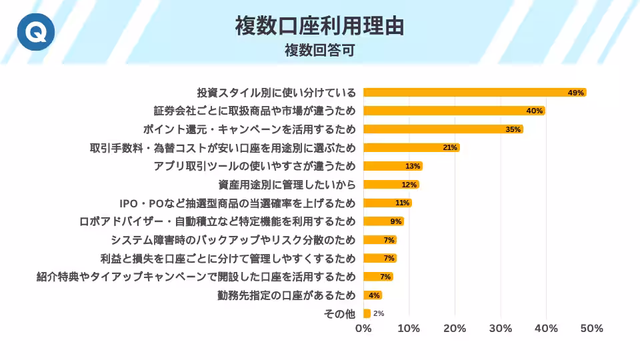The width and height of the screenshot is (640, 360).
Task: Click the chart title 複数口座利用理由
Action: click(x=319, y=26)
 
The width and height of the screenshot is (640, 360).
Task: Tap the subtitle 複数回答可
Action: click(x=319, y=51)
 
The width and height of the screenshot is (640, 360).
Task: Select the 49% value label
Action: click(x=576, y=93)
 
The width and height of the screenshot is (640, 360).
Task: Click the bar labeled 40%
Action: click(x=453, y=111)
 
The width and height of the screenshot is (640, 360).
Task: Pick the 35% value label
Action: click(x=513, y=129)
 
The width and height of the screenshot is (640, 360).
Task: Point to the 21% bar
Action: click(x=411, y=147)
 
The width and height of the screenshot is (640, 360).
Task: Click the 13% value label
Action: click(x=413, y=166)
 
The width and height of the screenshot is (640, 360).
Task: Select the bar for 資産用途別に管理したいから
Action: click(x=391, y=185)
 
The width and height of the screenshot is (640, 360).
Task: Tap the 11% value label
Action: click(x=402, y=203)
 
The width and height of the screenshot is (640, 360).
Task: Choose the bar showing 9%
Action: click(x=383, y=221)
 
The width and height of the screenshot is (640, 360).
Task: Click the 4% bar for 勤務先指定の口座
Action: click(x=372, y=295)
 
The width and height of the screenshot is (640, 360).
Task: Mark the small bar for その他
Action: click(x=367, y=313)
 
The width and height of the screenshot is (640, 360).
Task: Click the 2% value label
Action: click(x=379, y=313)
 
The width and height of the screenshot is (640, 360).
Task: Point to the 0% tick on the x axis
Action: click(x=363, y=329)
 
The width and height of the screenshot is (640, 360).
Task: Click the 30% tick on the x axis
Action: click(x=501, y=329)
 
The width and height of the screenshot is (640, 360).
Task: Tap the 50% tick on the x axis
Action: click(x=591, y=329)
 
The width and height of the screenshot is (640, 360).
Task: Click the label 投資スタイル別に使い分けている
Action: click(x=276, y=93)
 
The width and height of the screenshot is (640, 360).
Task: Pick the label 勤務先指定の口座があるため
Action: click(x=287, y=295)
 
